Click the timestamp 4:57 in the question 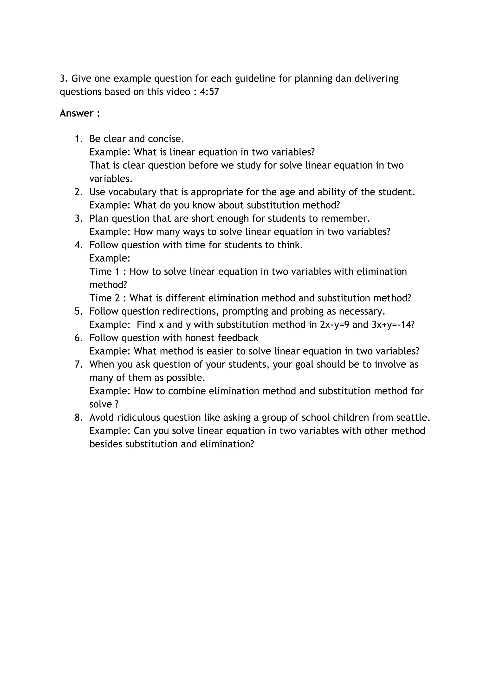(x=209, y=92)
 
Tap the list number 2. (x=78, y=192)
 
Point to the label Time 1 (x=104, y=272)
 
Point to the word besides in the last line (x=106, y=444)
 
